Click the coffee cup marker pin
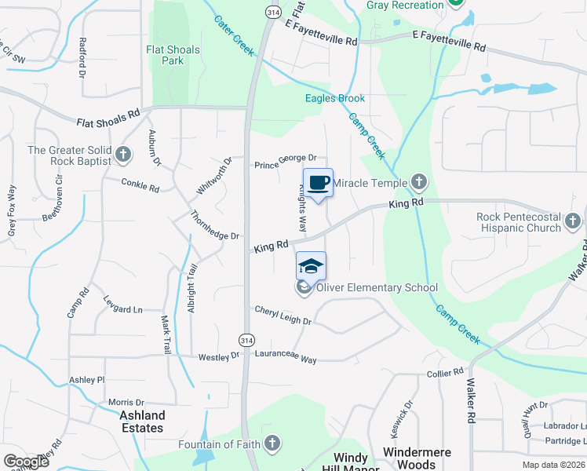click(x=318, y=184)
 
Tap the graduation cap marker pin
click(x=311, y=267)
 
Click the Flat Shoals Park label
click(x=173, y=55)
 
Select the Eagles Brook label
click(x=335, y=98)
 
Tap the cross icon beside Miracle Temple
click(x=419, y=183)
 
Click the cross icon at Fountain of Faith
click(x=272, y=445)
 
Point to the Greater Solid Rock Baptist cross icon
click(x=123, y=154)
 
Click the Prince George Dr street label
click(x=285, y=165)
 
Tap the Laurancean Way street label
click(x=286, y=358)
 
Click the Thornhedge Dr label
click(x=213, y=225)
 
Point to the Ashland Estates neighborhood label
click(x=142, y=422)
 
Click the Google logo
click(x=26, y=461)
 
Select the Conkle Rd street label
click(x=140, y=188)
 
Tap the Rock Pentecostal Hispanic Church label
click(x=519, y=223)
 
